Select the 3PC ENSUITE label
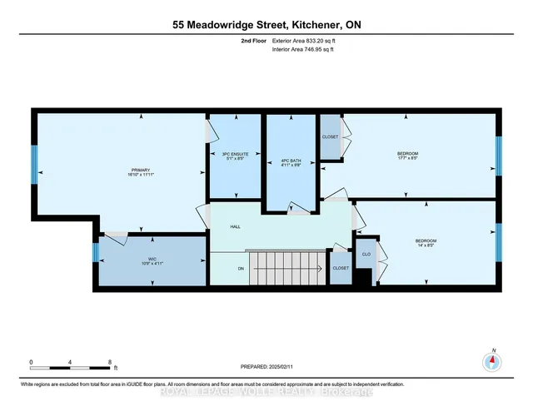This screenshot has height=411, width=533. click(236, 154)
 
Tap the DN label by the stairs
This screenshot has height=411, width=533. click(241, 268)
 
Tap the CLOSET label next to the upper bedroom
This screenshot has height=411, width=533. click(331, 136)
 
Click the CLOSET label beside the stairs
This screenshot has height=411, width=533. click(340, 268)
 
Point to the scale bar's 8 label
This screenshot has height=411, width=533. click(110, 363)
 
